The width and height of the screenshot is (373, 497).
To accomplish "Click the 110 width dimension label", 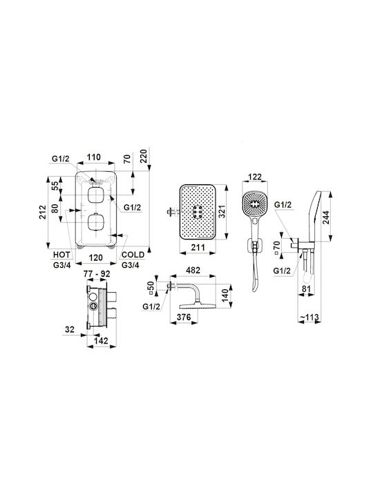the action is click(94, 157).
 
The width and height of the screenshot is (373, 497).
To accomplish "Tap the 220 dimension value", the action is click(144, 156).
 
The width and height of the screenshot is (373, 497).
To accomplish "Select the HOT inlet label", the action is click(61, 255).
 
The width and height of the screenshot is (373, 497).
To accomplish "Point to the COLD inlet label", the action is click(133, 255).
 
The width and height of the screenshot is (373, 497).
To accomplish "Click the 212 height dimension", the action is click(43, 212).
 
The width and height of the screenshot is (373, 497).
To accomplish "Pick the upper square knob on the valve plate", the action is click(95, 195).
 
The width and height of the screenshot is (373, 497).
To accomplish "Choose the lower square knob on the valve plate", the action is click(95, 222).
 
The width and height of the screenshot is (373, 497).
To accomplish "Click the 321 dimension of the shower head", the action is click(222, 212).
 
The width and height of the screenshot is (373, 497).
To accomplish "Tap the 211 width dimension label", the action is click(198, 247).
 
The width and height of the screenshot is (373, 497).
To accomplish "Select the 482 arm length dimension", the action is click(193, 271).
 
